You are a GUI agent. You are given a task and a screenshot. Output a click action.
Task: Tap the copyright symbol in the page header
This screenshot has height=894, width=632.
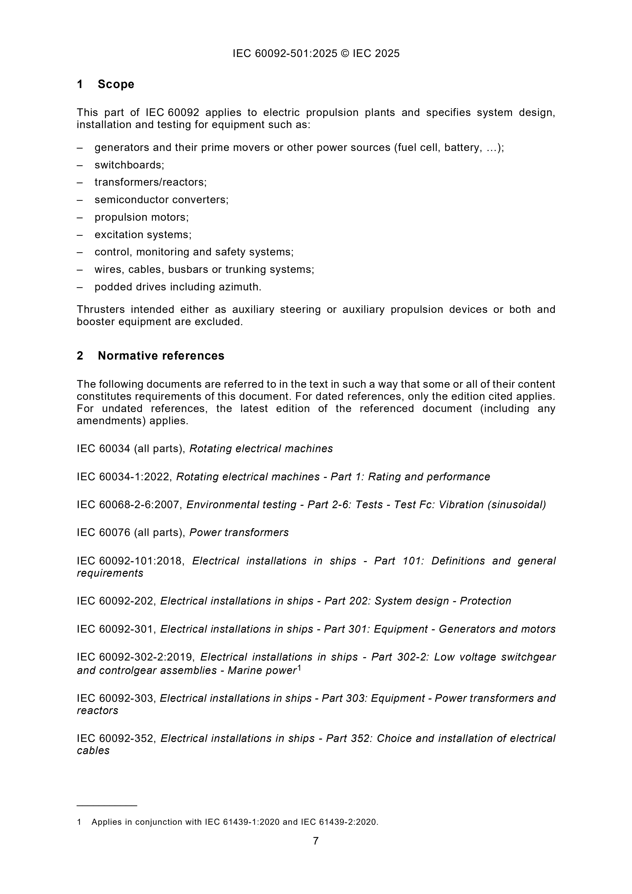click(x=345, y=53)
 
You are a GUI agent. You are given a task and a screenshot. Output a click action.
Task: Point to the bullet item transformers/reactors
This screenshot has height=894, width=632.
click(x=150, y=182)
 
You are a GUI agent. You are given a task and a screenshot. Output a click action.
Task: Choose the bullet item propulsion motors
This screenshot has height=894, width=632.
click(x=141, y=217)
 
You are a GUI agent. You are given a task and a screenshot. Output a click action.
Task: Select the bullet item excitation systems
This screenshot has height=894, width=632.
click(x=143, y=235)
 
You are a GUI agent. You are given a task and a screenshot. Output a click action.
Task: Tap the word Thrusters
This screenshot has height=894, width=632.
click(x=100, y=310)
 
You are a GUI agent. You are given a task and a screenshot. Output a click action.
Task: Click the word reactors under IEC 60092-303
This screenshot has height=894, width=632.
click(x=97, y=710)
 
